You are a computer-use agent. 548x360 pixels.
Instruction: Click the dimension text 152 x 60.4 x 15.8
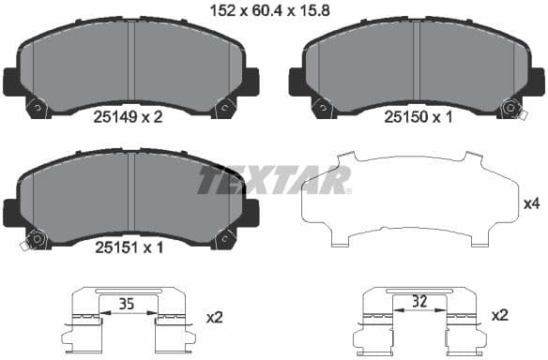pos(274,11)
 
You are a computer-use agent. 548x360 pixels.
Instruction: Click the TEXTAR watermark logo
pos(273,179)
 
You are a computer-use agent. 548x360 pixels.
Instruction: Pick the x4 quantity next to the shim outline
pos(530,202)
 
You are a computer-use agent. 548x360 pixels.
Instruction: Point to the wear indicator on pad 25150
pos(510,108)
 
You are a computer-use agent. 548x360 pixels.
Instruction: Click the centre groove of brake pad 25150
pos(415,61)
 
